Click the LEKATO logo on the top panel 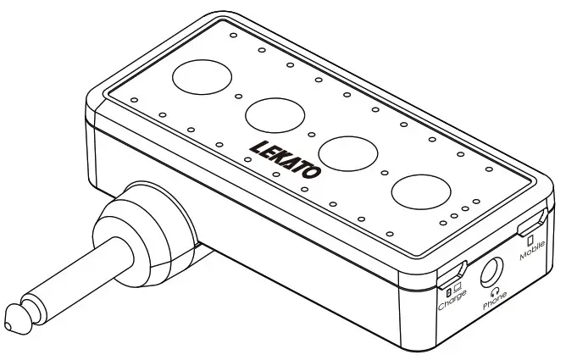click(286, 158)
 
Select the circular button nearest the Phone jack click(421, 191)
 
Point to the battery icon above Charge click(448, 292)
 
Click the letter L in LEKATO click(256, 146)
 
